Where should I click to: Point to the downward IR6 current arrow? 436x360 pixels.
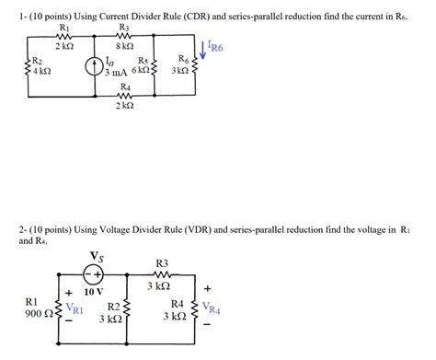tap(202, 46)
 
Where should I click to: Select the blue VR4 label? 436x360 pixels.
tap(211, 310)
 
